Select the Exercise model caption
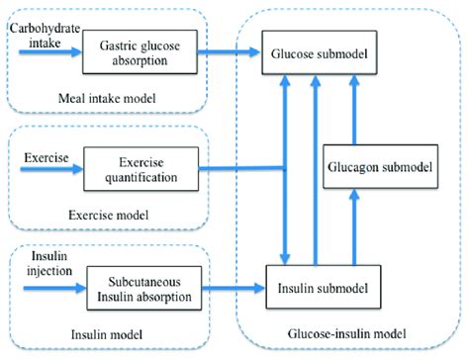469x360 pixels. tap(111, 215)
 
